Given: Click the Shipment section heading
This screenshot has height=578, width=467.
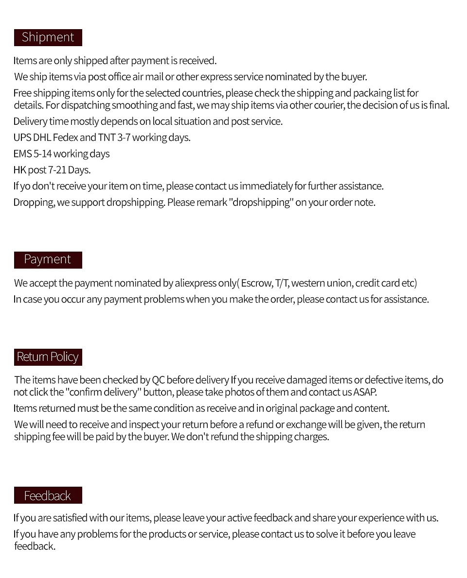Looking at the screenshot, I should click(x=48, y=37).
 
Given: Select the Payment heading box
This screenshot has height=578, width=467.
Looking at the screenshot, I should click(x=48, y=259).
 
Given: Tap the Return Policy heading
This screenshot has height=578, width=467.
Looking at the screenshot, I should click(x=48, y=357).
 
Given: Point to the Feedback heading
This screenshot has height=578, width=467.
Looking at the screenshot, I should click(x=48, y=495).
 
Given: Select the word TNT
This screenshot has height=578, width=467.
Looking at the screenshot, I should click(x=106, y=137).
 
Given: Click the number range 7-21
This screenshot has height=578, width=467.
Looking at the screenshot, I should click(x=57, y=170).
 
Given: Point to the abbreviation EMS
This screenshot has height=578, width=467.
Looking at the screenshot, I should click(x=22, y=154).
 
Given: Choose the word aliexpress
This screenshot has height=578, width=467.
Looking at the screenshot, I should click(x=195, y=283).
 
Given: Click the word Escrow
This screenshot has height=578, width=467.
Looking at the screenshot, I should click(x=256, y=283).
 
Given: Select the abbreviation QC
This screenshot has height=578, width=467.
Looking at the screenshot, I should click(x=158, y=380).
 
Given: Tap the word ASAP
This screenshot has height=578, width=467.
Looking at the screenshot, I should click(x=365, y=392).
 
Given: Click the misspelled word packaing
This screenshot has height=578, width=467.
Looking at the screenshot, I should click(x=372, y=93).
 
